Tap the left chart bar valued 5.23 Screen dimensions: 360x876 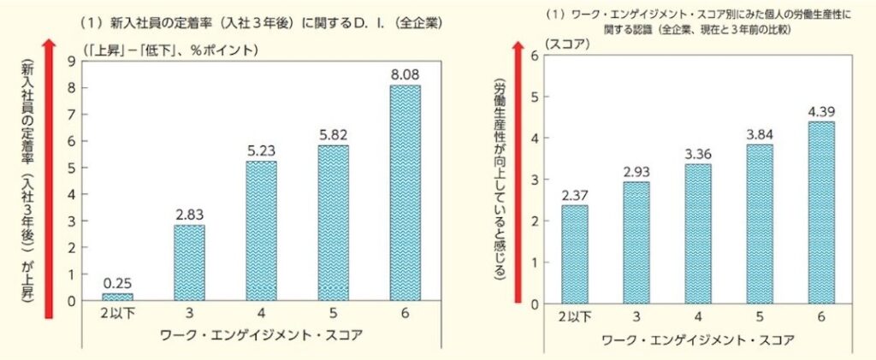(x=261, y=231)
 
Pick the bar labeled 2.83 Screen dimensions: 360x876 (x=188, y=263)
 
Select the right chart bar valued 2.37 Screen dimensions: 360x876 (x=575, y=255)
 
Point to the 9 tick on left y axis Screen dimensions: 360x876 (x=72, y=61)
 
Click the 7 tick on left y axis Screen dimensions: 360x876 (x=72, y=114)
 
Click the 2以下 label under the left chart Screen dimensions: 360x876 (x=116, y=315)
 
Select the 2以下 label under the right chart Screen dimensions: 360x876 (x=574, y=318)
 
